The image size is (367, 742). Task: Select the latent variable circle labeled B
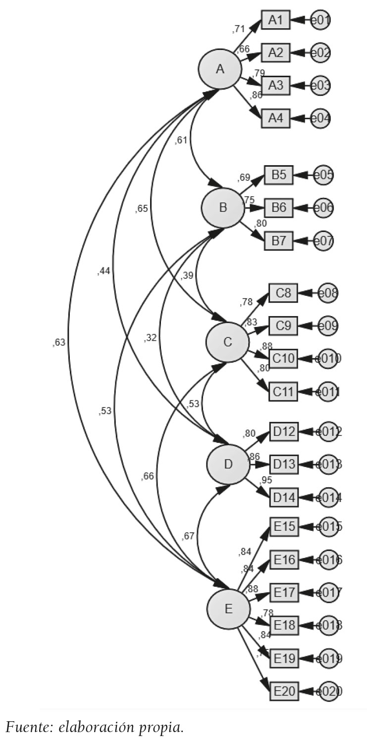[x=223, y=208]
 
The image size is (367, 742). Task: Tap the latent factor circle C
[x=228, y=342]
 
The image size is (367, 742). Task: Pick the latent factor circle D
[x=228, y=464]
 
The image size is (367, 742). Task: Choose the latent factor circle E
[x=228, y=608]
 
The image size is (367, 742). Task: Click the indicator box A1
[x=275, y=20]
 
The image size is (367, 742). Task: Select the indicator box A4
[x=275, y=119]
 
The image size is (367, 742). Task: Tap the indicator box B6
[x=279, y=208]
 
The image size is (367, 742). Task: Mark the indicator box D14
[x=284, y=497]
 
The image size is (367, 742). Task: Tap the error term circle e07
[x=323, y=242]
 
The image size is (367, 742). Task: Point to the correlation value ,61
[x=181, y=140]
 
